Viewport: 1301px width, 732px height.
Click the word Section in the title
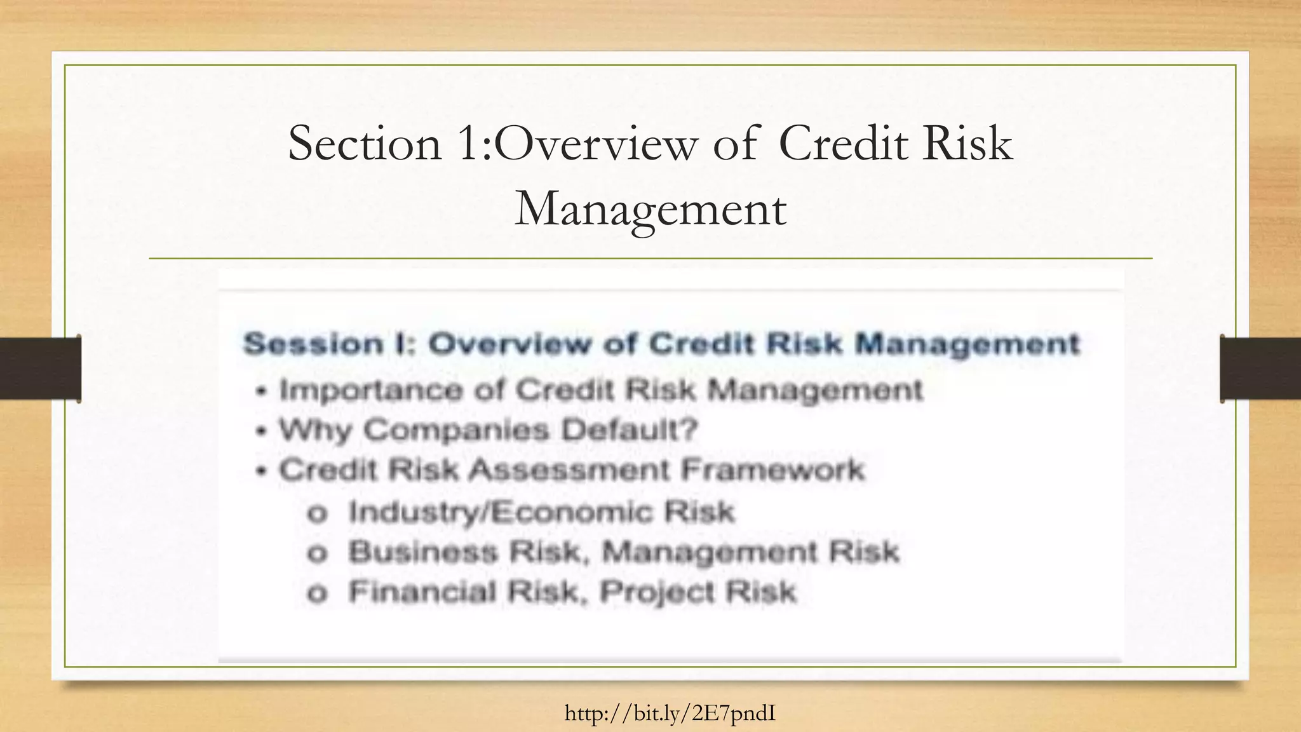[x=365, y=144]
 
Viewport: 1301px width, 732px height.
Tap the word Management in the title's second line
[x=650, y=209]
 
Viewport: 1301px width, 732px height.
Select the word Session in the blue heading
[x=313, y=344]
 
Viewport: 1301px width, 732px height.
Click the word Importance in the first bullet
[x=371, y=390]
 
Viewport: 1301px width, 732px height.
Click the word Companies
[x=456, y=430]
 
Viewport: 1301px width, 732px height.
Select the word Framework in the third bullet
[x=772, y=470]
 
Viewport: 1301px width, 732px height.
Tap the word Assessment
[x=570, y=470]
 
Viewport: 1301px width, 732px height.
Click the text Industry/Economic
[x=500, y=512]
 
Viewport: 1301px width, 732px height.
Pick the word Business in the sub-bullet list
[x=423, y=552]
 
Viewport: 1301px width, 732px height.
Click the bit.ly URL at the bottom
[x=670, y=714]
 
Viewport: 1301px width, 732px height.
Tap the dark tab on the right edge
[x=1260, y=369]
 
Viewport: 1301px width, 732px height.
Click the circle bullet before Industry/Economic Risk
[x=317, y=513]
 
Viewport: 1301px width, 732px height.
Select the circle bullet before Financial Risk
[x=317, y=593]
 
